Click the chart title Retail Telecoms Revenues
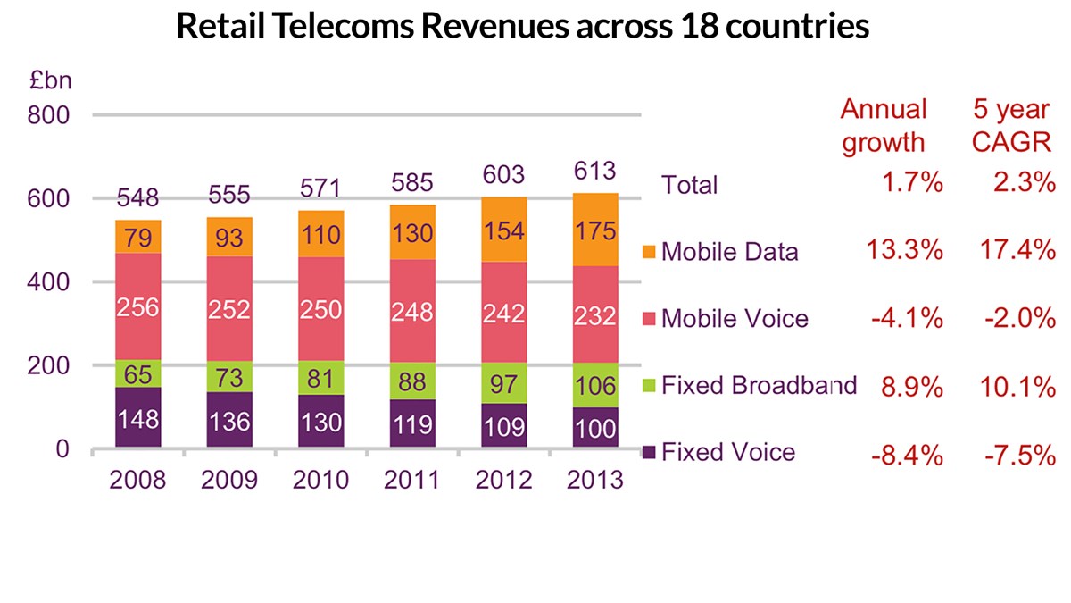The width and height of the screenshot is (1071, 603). (522, 26)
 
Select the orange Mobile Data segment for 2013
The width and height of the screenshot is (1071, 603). (595, 230)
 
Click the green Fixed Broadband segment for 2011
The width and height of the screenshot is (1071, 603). (411, 381)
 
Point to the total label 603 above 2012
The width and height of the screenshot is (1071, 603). (504, 174)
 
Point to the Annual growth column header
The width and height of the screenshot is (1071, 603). (884, 126)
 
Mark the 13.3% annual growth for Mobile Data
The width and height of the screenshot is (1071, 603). (904, 251)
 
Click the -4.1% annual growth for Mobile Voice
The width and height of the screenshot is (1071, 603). (904, 318)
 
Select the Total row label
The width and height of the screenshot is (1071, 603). (689, 185)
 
